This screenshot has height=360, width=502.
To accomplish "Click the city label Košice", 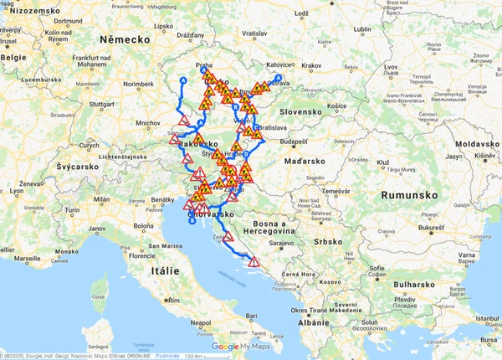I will (337, 106).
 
